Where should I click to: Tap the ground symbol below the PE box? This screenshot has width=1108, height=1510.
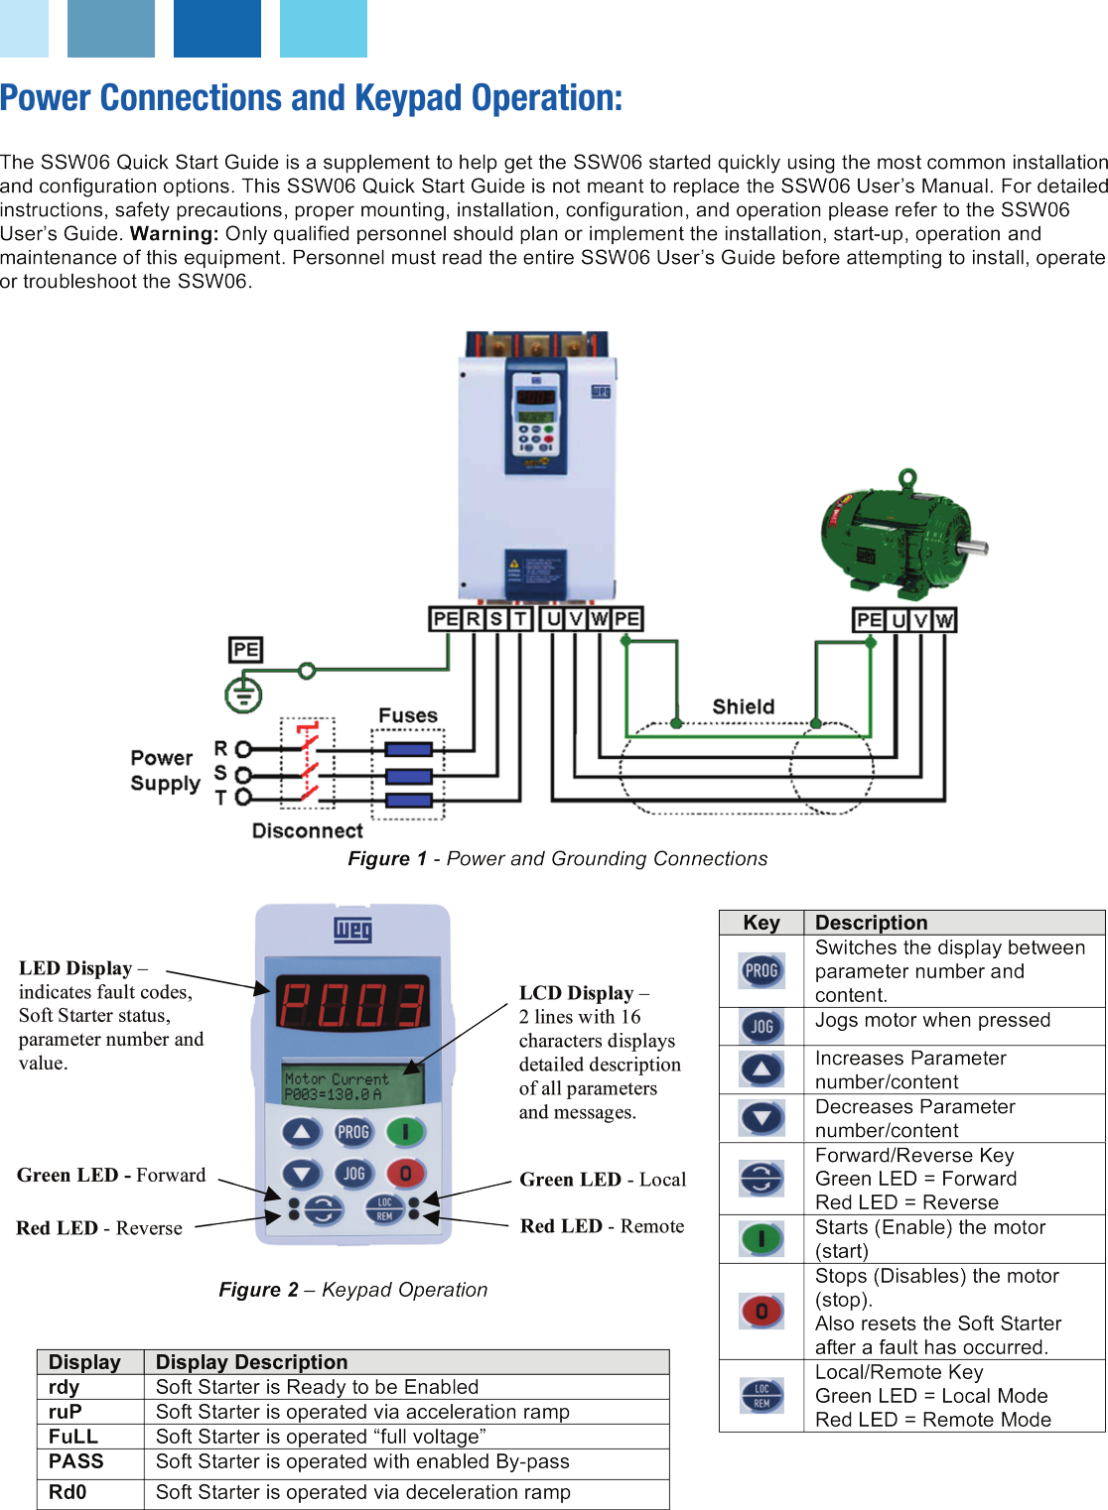[243, 693]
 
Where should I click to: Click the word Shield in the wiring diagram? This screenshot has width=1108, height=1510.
[743, 706]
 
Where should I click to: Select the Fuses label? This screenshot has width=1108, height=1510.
[407, 715]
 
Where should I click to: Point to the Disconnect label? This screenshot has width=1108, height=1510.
[307, 830]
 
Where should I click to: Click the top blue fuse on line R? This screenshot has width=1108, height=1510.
[408, 749]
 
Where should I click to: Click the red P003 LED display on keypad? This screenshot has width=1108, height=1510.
[352, 1003]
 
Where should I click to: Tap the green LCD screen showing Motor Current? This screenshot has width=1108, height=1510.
[352, 1085]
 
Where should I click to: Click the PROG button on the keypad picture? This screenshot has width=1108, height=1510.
[352, 1132]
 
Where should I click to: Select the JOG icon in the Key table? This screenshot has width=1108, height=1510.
[762, 1027]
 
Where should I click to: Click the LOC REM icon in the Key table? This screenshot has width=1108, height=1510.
[762, 1396]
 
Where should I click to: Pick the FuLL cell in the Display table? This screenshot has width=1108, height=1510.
[73, 1437]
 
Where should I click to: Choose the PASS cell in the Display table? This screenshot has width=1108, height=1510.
[76, 1461]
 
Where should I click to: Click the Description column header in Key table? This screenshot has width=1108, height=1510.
[871, 923]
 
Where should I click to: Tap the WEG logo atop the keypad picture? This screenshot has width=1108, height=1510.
[352, 930]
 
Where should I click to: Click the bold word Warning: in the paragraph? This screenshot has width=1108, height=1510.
[174, 234]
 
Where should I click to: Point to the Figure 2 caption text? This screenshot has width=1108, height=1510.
[353, 1290]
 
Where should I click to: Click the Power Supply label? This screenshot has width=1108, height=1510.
[165, 771]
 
